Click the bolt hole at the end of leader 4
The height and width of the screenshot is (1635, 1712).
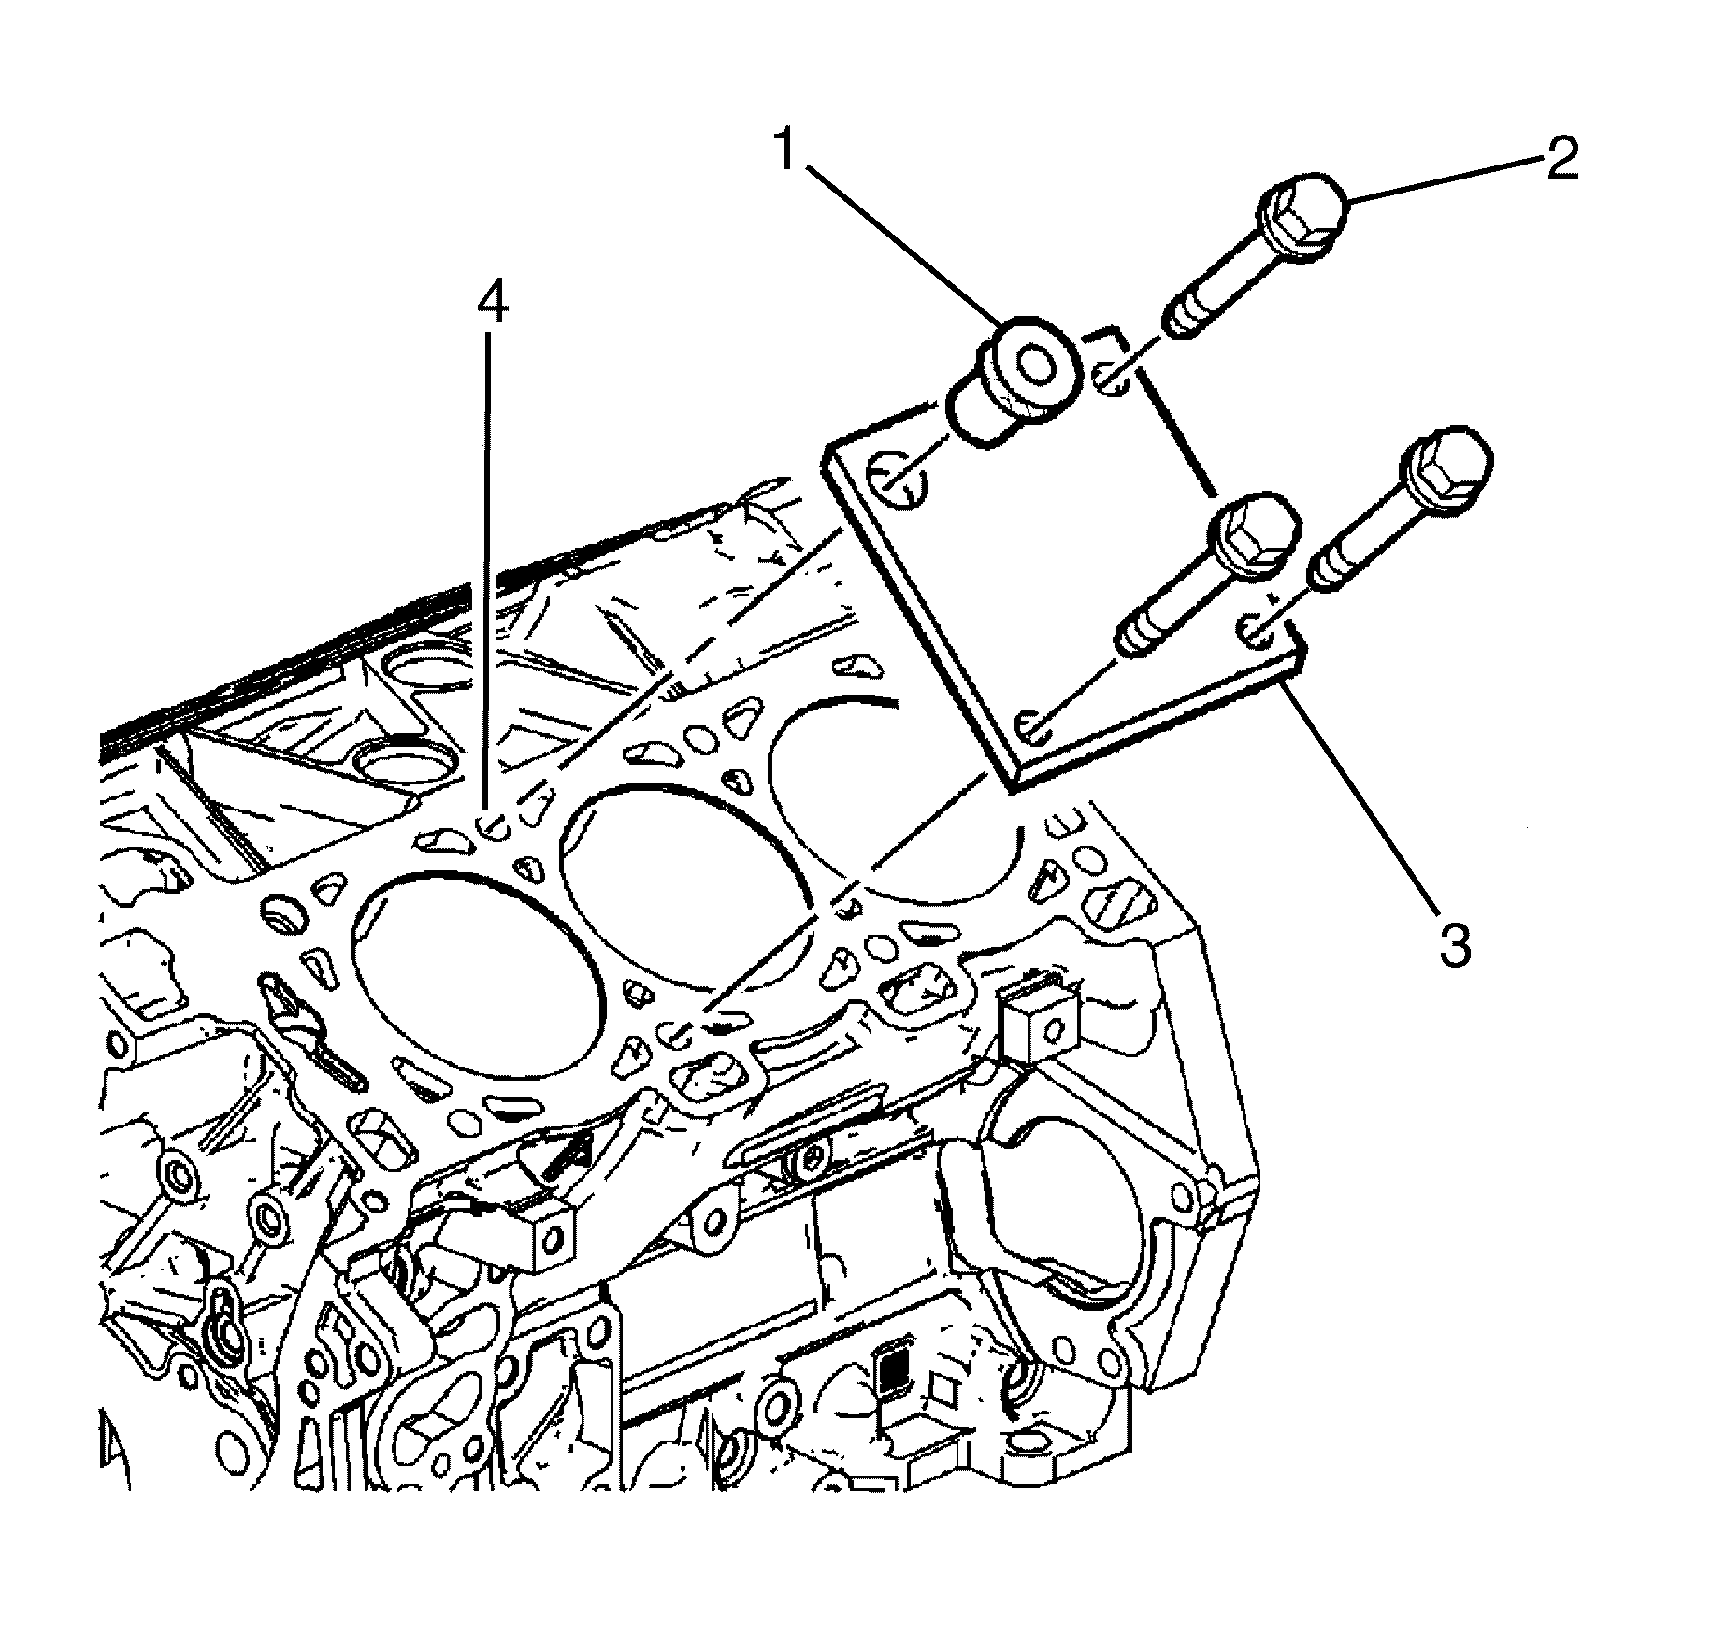(x=491, y=827)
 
